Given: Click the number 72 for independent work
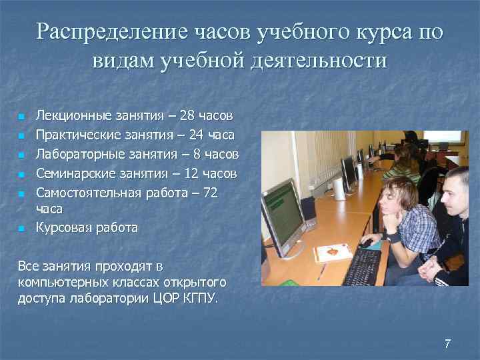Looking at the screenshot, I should (x=210, y=193).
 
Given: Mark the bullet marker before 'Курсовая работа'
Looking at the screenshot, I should (x=22, y=229).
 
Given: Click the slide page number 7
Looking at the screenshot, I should (x=447, y=344).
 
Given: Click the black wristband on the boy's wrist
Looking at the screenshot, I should (x=394, y=237).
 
